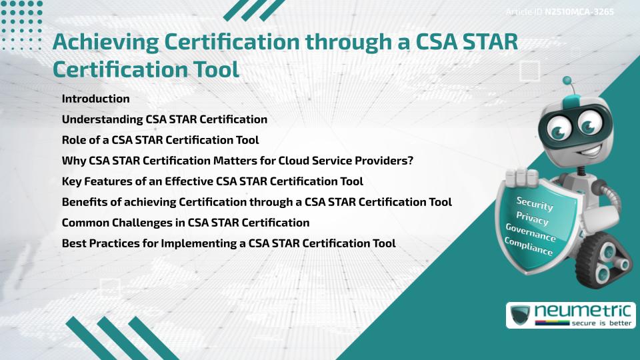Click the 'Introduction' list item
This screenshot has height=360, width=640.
click(95, 99)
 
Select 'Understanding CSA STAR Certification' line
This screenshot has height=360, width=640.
click(164, 119)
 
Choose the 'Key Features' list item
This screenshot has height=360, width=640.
click(212, 181)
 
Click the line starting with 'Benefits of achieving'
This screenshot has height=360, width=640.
click(257, 202)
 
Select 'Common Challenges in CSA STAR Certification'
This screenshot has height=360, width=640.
click(185, 223)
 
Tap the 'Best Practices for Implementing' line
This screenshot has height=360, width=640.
click(229, 243)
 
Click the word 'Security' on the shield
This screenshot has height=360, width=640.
click(535, 203)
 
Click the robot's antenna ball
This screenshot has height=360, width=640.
click(567, 81)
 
